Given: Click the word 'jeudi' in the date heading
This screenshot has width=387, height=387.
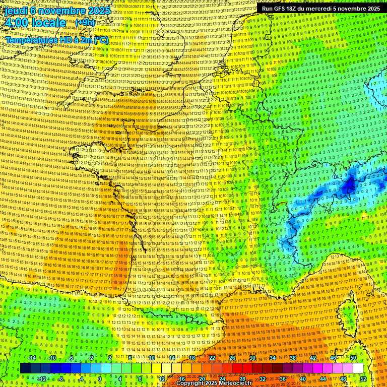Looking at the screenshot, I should (x=16, y=11).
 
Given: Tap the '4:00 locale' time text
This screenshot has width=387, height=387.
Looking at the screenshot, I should (x=35, y=23).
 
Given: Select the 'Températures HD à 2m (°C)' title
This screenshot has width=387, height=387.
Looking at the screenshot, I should (x=57, y=39).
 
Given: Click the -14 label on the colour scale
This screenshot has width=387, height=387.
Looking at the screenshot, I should (x=33, y=358).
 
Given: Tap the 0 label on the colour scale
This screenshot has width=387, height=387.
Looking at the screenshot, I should (x=100, y=379).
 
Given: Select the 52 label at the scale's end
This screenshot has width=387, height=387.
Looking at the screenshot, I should (x=363, y=379).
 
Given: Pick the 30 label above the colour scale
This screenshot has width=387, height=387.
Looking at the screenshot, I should (x=252, y=358).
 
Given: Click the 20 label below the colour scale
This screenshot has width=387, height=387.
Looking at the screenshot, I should (x=202, y=379).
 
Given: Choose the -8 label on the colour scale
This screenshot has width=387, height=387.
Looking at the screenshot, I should (x=61, y=379).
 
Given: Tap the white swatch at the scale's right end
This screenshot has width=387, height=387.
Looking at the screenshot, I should (x=358, y=368).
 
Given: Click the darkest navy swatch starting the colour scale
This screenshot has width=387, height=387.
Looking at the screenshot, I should (x=25, y=368).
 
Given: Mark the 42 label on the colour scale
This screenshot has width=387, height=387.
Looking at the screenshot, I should (x=312, y=358).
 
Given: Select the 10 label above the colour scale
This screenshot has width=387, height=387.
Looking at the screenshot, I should (x=151, y=358).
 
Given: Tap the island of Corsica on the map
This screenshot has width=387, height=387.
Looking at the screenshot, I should (x=348, y=317).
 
